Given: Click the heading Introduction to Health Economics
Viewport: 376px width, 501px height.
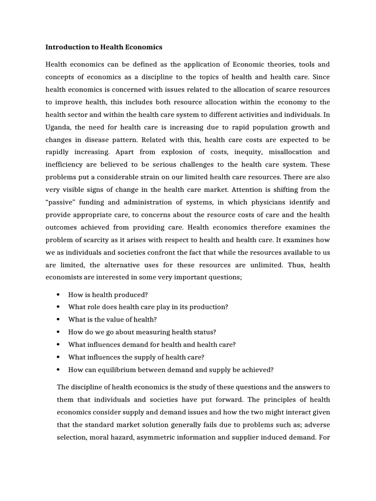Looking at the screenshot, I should point(103,47).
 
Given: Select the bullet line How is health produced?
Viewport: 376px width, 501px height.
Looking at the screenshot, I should point(108,295).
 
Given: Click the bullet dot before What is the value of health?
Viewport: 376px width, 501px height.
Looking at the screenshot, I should point(58,319).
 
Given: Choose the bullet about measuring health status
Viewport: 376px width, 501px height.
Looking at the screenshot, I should point(142,332).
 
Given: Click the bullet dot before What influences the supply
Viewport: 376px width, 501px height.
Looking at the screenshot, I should point(58,357).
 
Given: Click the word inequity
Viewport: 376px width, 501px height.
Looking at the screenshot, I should point(230,152).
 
